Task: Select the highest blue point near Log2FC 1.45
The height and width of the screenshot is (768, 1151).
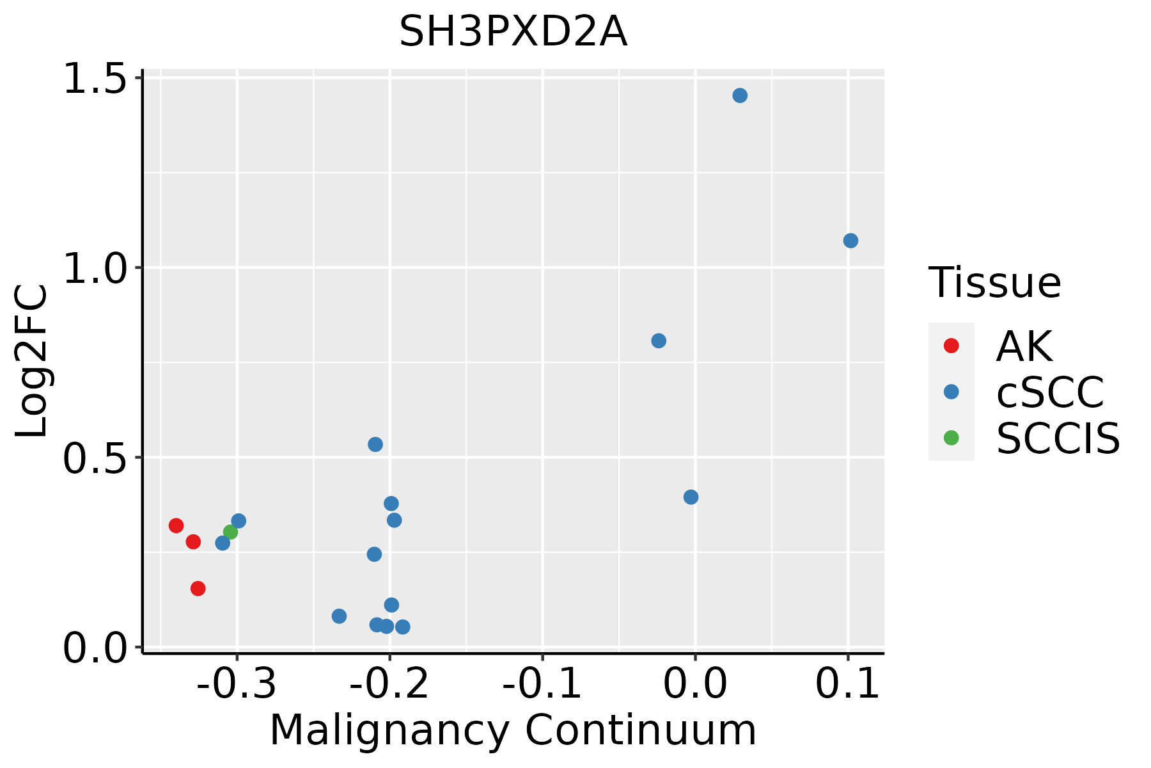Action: click(x=740, y=95)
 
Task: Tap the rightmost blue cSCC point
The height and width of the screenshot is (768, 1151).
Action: click(x=850, y=241)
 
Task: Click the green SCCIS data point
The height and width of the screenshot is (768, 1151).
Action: click(x=231, y=532)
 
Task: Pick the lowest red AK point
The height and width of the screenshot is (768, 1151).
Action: click(x=198, y=588)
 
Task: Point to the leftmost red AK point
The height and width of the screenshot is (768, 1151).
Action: click(x=176, y=525)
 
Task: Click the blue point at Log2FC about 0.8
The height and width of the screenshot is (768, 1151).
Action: click(x=659, y=340)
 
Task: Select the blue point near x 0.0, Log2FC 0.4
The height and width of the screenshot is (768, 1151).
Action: click(x=691, y=497)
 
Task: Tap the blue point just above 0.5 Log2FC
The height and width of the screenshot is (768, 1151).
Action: click(x=375, y=444)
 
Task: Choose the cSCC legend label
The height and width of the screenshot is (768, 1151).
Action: click(x=1049, y=392)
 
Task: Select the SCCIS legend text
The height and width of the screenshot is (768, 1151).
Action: click(x=1058, y=438)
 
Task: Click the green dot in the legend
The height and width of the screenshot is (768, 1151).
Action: click(x=951, y=438)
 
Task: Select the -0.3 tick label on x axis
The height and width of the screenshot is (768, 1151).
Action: click(x=237, y=684)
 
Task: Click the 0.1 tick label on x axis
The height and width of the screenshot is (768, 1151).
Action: click(x=847, y=684)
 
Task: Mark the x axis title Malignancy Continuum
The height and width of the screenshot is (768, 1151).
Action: click(x=513, y=730)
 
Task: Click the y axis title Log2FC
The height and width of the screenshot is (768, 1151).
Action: click(x=32, y=362)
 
